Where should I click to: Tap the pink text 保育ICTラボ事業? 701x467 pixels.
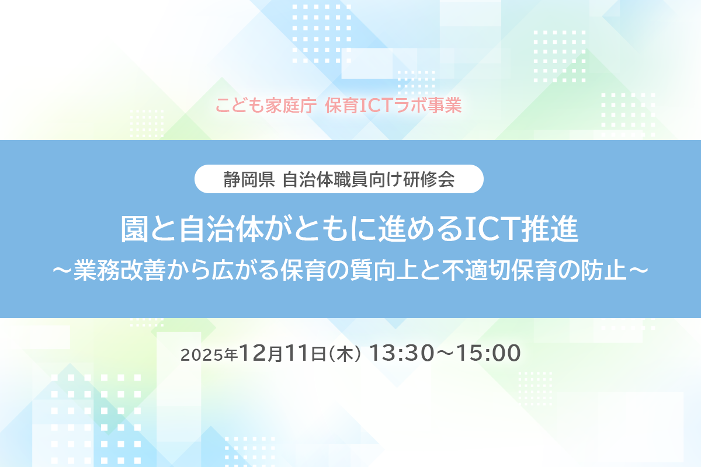(x=394, y=106)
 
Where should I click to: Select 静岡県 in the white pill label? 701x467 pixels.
(x=248, y=179)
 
